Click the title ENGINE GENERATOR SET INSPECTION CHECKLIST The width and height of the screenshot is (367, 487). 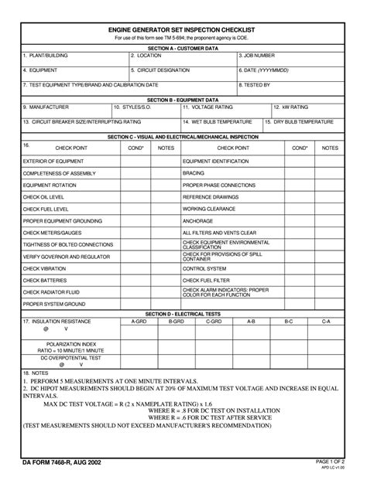[x=183, y=29]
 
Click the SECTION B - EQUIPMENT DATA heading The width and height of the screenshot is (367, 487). [x=183, y=100]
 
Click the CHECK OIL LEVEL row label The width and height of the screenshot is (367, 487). [x=43, y=197]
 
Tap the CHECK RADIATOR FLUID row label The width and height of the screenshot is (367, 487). [x=50, y=292]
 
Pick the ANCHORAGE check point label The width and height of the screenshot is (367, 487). [x=198, y=220]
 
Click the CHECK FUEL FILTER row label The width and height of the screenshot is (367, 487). [x=207, y=279]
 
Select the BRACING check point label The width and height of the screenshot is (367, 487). [x=194, y=173]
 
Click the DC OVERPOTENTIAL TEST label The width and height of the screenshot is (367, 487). [x=50, y=358]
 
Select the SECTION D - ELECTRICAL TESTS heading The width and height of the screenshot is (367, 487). [x=183, y=314]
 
